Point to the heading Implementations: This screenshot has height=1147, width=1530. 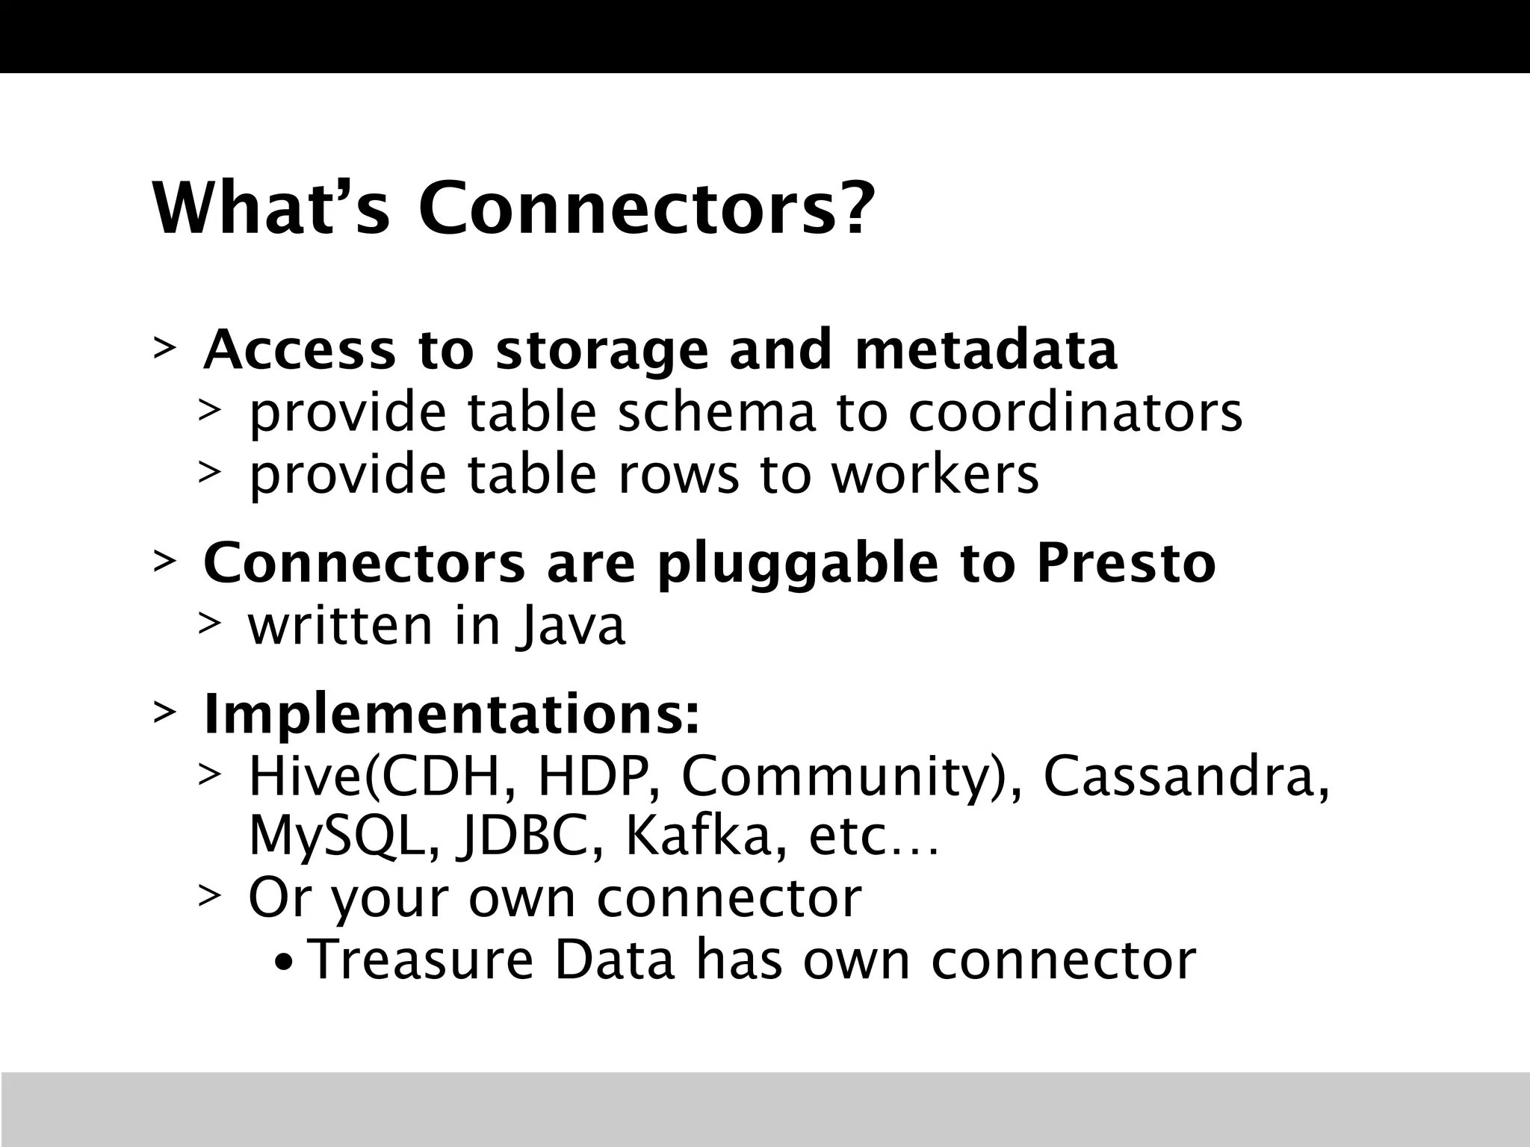(452, 715)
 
